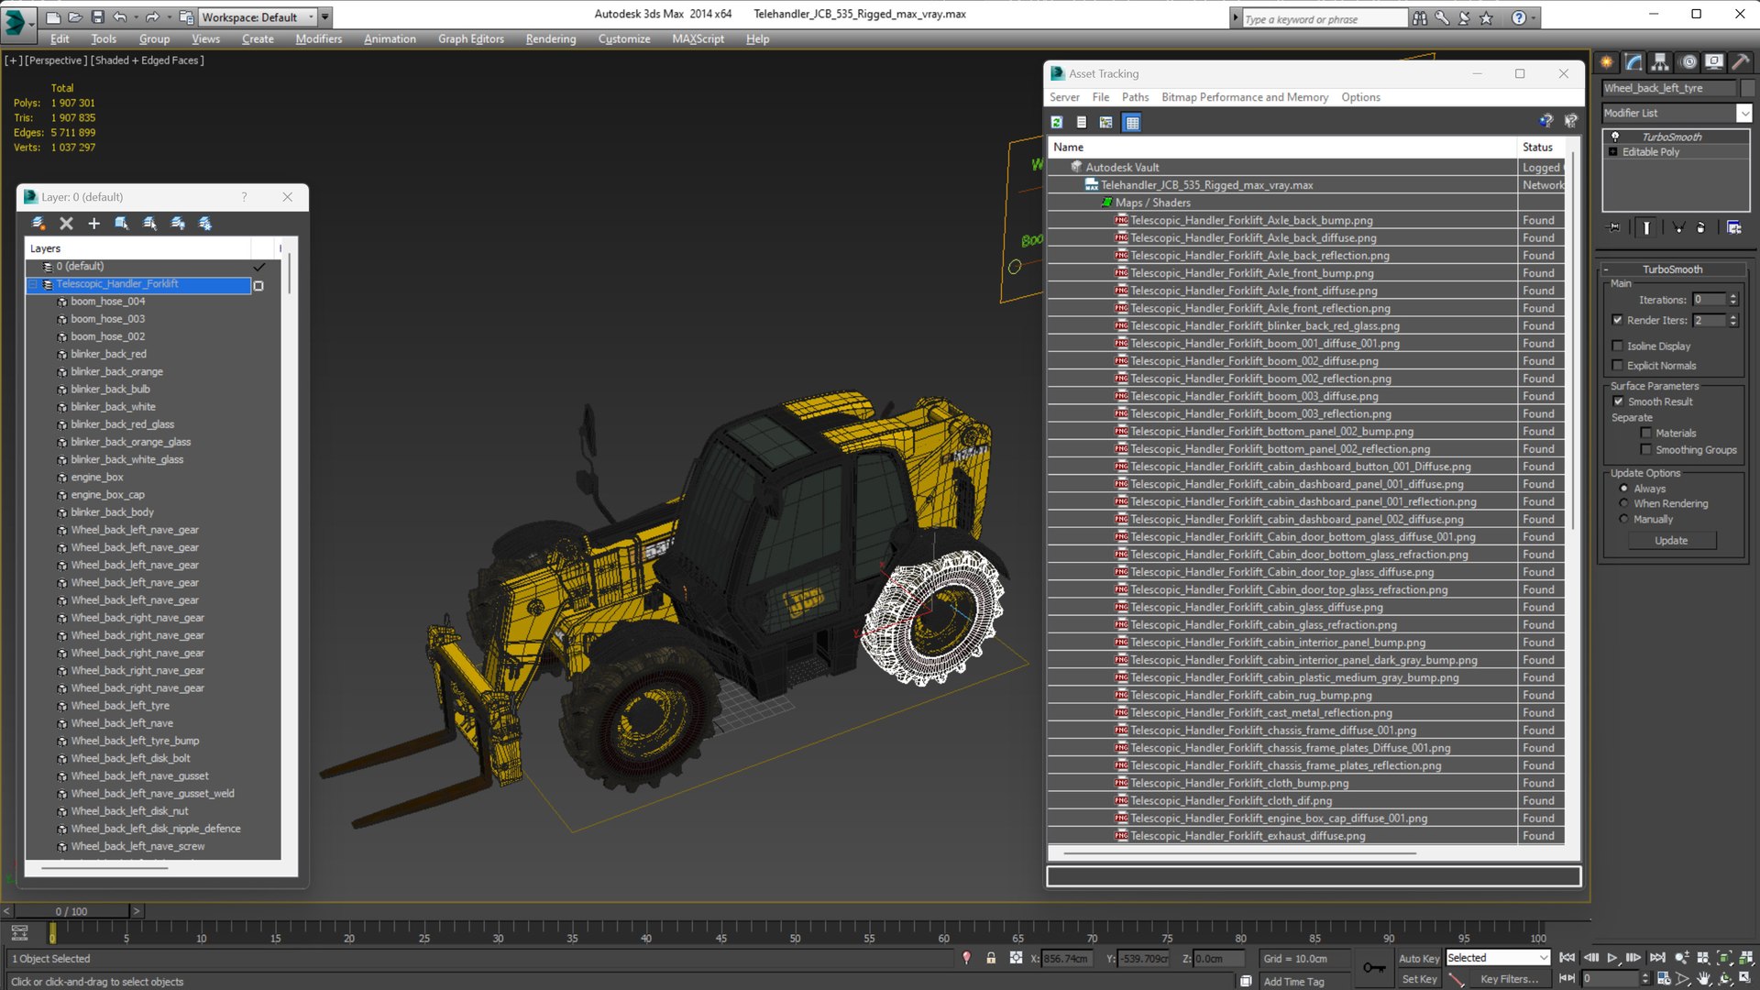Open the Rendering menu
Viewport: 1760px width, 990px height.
click(x=550, y=38)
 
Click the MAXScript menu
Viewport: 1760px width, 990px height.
click(x=698, y=38)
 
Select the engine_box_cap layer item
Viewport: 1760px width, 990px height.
click(x=107, y=495)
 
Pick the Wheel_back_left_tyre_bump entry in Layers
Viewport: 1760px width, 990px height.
click(x=135, y=741)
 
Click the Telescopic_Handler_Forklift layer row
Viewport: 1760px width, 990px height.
click(x=117, y=284)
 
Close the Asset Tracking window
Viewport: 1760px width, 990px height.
click(x=1564, y=73)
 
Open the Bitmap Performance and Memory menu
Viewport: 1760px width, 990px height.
click(x=1244, y=97)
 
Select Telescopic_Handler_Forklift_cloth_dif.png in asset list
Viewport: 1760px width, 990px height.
click(x=1230, y=801)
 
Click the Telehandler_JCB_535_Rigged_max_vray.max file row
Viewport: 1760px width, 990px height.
click(x=1206, y=185)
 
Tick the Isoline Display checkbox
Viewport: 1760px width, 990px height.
click(x=1618, y=346)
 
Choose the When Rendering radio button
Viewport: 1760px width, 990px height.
click(x=1624, y=503)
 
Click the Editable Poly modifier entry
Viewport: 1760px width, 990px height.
click(x=1651, y=152)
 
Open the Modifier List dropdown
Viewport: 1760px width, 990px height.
click(x=1743, y=113)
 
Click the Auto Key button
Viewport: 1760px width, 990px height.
click(x=1418, y=958)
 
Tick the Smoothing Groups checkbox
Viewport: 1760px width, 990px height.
click(x=1646, y=450)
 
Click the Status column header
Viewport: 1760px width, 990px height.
click(x=1537, y=147)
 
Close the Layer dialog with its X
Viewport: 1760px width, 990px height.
click(x=288, y=197)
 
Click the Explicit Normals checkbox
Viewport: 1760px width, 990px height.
click(x=1618, y=366)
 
